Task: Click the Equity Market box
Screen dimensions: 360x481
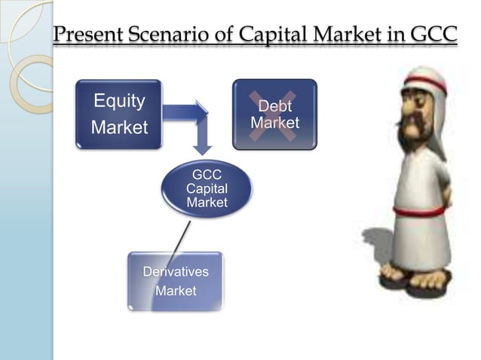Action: [x=118, y=114]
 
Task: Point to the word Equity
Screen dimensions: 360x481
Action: [x=118, y=101]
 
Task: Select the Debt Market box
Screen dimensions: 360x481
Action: [x=274, y=114]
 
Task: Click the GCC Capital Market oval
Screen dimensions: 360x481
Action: [x=206, y=188]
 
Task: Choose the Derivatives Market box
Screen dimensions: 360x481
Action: [x=175, y=280]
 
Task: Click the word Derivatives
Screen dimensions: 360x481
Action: [x=176, y=271]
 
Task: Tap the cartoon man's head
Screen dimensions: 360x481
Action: [x=418, y=105]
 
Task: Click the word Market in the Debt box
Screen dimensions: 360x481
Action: [x=274, y=123]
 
